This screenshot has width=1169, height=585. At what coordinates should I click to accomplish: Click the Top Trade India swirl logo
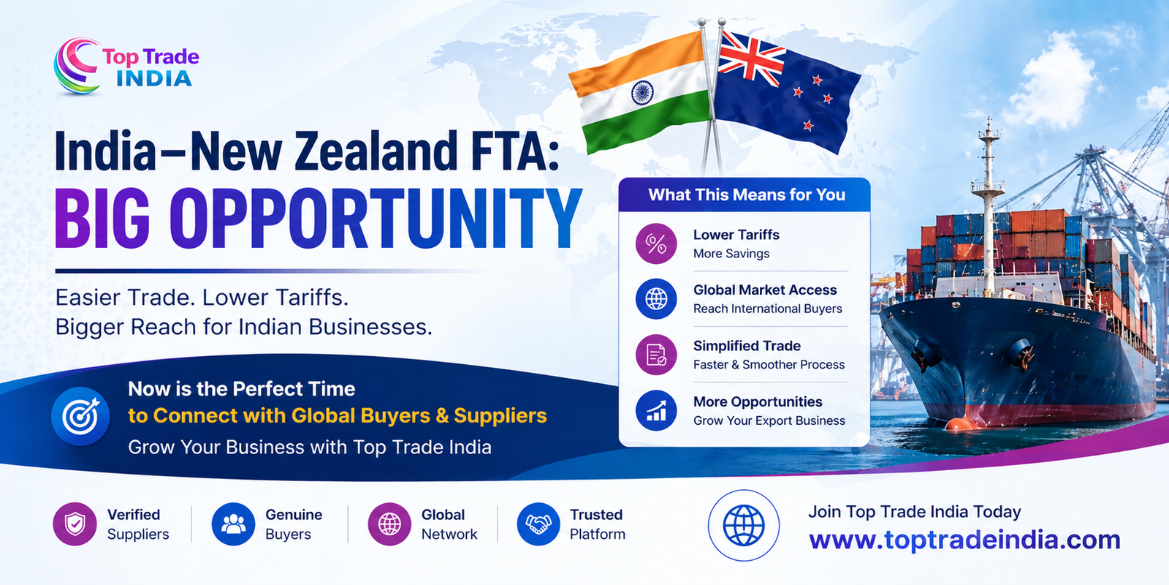point(77,67)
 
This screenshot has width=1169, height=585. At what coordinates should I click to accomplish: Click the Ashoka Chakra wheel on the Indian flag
point(641,92)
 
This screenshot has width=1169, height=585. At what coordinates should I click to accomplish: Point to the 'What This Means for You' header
point(746,195)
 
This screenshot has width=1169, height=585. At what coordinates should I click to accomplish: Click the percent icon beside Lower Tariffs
point(656,244)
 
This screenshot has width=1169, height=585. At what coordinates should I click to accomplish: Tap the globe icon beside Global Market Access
point(656,299)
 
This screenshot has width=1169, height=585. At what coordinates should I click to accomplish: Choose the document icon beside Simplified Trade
point(656,355)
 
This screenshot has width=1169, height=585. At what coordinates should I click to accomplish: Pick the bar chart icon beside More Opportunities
point(656,410)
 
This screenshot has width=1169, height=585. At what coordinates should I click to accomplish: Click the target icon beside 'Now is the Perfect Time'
point(80,416)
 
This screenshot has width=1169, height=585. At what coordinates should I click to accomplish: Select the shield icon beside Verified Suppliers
point(75,524)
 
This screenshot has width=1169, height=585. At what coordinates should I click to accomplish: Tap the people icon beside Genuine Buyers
point(233,524)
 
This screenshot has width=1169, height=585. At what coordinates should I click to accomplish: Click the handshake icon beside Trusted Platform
point(538,524)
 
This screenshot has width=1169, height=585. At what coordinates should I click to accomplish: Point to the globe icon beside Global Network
point(389,524)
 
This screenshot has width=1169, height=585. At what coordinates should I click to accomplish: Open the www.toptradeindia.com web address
point(964,540)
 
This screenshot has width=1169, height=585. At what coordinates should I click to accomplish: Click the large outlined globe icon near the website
point(744,525)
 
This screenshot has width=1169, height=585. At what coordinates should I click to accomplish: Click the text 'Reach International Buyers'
point(767,309)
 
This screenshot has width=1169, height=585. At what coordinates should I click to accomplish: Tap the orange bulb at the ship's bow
point(956,424)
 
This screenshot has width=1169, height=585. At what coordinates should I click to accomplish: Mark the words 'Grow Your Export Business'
point(769,420)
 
